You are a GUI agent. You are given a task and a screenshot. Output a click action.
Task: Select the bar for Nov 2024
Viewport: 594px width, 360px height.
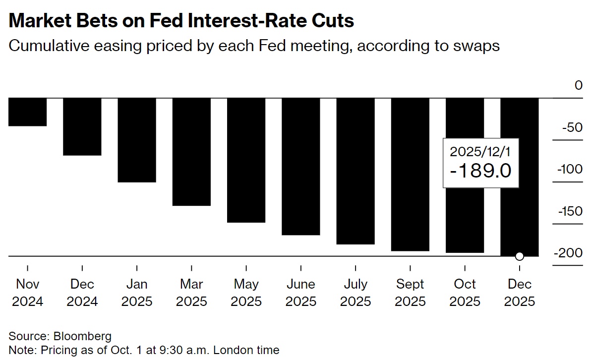click(x=28, y=112)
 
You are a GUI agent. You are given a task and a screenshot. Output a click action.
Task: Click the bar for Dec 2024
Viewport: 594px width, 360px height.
click(x=82, y=126)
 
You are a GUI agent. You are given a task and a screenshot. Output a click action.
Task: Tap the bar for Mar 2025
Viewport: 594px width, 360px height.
click(x=191, y=151)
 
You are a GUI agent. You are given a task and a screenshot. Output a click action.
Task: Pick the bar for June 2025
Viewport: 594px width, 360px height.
click(x=301, y=166)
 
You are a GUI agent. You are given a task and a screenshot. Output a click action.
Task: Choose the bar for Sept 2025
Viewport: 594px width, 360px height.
click(x=410, y=174)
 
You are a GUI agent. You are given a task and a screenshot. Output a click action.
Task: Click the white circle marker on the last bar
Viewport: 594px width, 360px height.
click(x=519, y=256)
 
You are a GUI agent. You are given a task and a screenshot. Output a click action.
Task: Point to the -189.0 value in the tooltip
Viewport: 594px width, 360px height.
click(x=480, y=171)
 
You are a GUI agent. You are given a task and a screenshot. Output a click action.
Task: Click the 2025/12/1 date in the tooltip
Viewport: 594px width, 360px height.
click(x=480, y=152)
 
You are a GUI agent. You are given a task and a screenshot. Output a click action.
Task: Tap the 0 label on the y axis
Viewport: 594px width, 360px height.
click(x=579, y=85)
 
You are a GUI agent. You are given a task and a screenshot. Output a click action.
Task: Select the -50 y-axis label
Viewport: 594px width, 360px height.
click(x=573, y=127)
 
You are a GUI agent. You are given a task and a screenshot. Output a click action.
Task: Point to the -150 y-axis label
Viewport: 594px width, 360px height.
click(x=570, y=212)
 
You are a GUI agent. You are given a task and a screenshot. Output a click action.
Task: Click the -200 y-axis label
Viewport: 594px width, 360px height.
click(x=570, y=253)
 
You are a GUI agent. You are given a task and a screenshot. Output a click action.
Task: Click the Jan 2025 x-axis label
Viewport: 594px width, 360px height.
click(x=137, y=293)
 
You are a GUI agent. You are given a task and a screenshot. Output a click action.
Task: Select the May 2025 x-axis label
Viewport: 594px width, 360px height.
click(x=246, y=293)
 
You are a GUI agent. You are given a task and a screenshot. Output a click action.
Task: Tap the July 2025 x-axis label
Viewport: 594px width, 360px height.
click(x=356, y=293)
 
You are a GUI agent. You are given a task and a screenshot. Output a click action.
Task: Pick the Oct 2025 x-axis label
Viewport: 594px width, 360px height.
click(x=465, y=293)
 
